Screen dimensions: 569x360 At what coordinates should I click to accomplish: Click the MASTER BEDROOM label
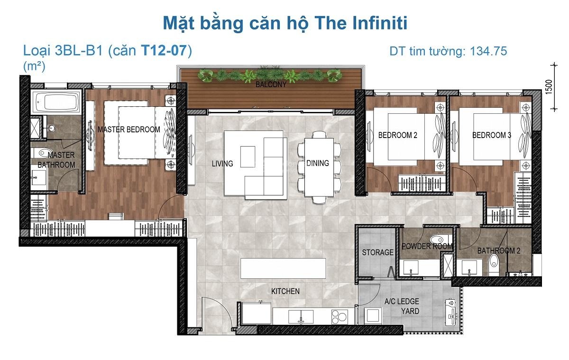coord(129,129)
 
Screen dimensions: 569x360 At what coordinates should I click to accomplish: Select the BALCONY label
coord(271,84)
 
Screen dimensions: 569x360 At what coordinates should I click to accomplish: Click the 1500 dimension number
coord(549,87)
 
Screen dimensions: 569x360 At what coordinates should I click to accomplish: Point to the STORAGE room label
coord(378,252)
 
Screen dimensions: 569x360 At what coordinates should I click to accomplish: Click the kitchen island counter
coord(283,268)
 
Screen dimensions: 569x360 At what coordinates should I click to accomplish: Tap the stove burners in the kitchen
coord(340,317)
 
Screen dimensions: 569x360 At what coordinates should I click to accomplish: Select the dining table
coord(319,167)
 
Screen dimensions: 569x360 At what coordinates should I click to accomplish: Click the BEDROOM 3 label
coord(492,135)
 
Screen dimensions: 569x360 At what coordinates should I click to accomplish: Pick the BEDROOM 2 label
coord(397,135)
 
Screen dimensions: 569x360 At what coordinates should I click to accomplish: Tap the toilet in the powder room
coord(439,240)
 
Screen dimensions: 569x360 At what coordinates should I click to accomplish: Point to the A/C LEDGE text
coord(402,301)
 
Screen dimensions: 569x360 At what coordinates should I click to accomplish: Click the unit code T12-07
coord(164,50)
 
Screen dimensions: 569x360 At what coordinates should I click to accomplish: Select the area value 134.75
coord(488,51)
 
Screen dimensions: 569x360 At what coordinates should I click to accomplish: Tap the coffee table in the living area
coord(248,157)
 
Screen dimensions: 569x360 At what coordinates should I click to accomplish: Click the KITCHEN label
coord(285,291)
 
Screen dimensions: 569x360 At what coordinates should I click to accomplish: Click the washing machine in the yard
coord(373,315)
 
